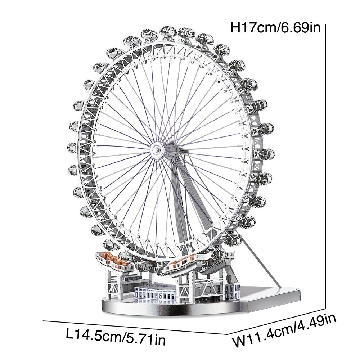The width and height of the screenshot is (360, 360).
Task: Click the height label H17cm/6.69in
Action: point(275,28)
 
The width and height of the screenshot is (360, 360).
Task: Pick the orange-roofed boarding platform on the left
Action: point(115,261)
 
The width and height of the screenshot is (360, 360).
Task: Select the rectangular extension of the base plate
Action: point(271,298)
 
